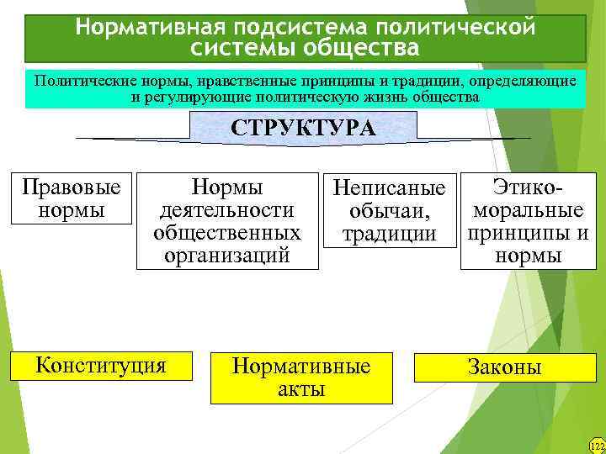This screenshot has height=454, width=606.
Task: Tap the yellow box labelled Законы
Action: coord(505,367)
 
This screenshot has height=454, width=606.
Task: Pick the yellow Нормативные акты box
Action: coord(301,377)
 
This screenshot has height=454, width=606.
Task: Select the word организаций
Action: coord(227,255)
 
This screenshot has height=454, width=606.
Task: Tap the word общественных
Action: coord(227,232)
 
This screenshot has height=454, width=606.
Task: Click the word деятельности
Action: coord(227,209)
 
